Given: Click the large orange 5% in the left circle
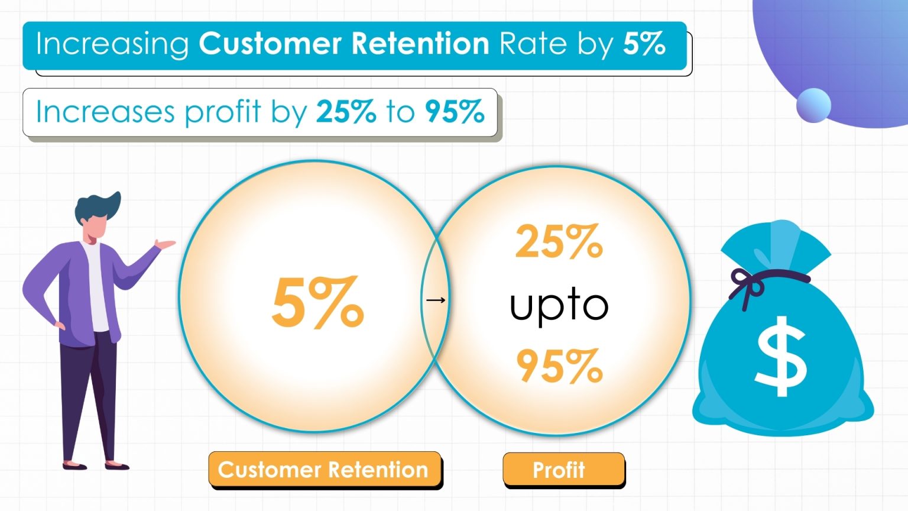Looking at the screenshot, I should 318,302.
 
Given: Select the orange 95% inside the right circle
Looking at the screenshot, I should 559,366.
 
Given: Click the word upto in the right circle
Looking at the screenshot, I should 559,305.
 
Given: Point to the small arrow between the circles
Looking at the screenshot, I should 436,300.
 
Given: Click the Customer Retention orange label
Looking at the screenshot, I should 323,470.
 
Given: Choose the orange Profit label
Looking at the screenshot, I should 559,470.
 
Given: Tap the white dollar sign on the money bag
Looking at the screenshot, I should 781,356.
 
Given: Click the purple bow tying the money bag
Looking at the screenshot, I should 746,284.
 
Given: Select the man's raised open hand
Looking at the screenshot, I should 165,244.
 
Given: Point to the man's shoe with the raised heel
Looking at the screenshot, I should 74,465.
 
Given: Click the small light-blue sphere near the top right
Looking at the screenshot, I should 813,105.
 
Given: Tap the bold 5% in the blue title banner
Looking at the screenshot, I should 644,44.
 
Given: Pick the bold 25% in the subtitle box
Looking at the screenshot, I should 346,111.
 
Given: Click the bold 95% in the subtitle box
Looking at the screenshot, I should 455,111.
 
